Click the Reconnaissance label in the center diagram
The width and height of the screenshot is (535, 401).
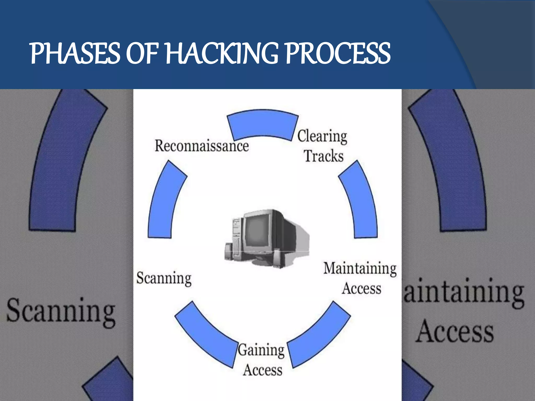click(x=202, y=146)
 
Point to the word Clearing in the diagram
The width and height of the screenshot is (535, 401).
click(x=322, y=136)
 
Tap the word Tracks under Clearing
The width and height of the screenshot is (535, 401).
click(x=324, y=156)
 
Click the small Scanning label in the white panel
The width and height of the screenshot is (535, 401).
click(x=164, y=278)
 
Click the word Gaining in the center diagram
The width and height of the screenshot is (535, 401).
click(x=261, y=350)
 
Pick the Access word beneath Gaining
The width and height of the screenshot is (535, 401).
click(x=263, y=370)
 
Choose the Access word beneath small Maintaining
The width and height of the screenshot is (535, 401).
click(x=362, y=288)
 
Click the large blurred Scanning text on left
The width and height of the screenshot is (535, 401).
click(x=61, y=312)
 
